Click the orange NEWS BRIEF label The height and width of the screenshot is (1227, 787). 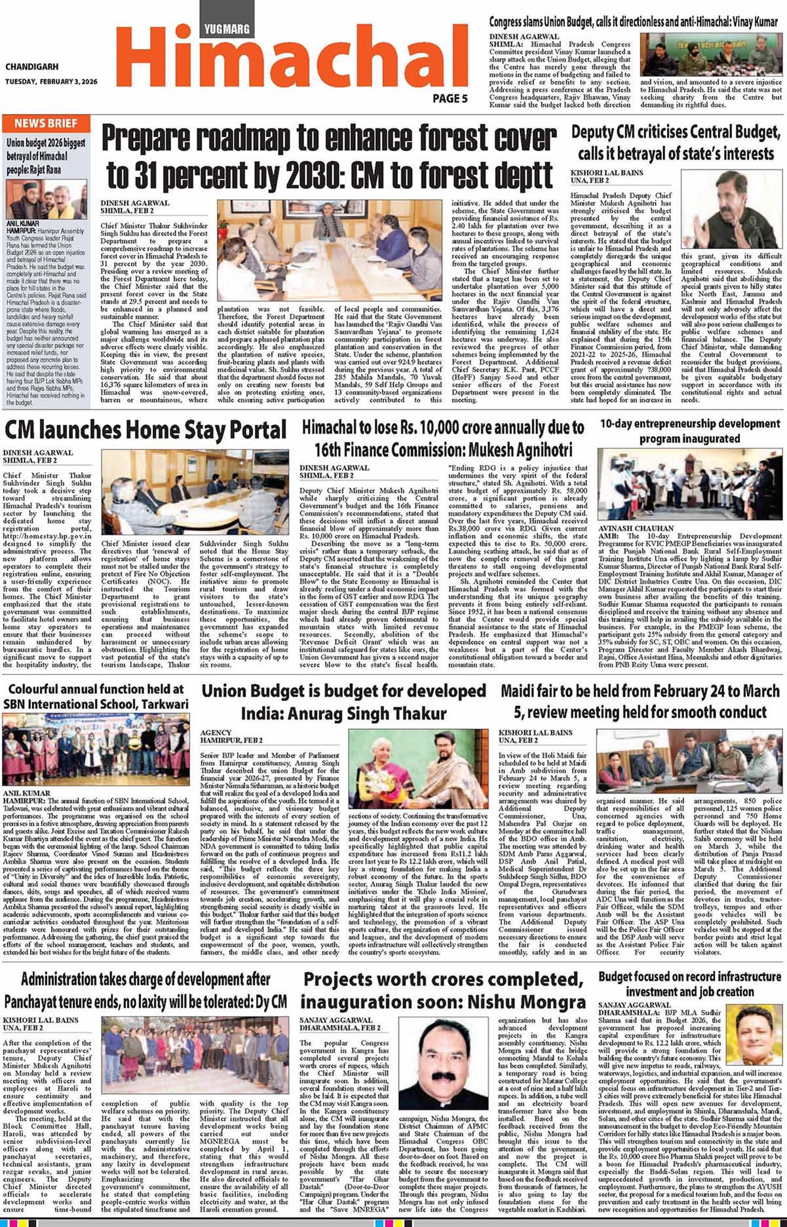46,124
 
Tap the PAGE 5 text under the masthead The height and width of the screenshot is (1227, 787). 450,99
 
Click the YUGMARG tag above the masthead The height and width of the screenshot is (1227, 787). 226,29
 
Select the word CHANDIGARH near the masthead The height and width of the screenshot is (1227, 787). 31,67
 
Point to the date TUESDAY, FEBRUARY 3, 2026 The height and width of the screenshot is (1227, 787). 51,82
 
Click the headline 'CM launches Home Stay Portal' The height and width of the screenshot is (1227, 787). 145,430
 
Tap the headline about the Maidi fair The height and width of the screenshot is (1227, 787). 640,701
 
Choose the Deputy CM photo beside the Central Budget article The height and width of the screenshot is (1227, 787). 731,210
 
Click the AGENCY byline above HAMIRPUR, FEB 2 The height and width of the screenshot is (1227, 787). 216,732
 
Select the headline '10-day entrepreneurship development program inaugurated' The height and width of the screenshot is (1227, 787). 690,431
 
